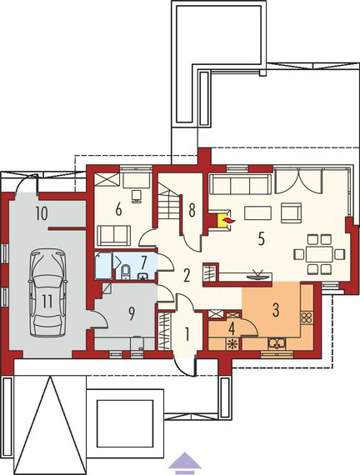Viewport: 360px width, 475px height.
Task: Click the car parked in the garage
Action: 47,292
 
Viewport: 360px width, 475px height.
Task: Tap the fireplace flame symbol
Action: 227,220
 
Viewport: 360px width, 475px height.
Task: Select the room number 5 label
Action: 261,239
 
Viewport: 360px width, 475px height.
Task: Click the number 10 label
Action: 42,213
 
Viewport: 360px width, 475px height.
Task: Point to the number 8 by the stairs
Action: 192,210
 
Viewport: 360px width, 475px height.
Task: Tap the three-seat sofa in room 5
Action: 241,184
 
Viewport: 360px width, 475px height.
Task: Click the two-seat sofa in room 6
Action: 114,235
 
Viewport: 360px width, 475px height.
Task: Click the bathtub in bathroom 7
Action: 103,266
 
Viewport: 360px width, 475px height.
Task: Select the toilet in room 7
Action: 125,271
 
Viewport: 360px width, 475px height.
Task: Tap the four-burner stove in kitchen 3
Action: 307,317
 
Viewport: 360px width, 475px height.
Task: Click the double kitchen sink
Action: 277,343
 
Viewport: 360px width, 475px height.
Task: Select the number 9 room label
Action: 131,314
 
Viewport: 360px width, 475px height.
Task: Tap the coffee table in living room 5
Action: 257,212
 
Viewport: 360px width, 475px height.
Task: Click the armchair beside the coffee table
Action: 291,212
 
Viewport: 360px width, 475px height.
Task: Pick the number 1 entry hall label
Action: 187,335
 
